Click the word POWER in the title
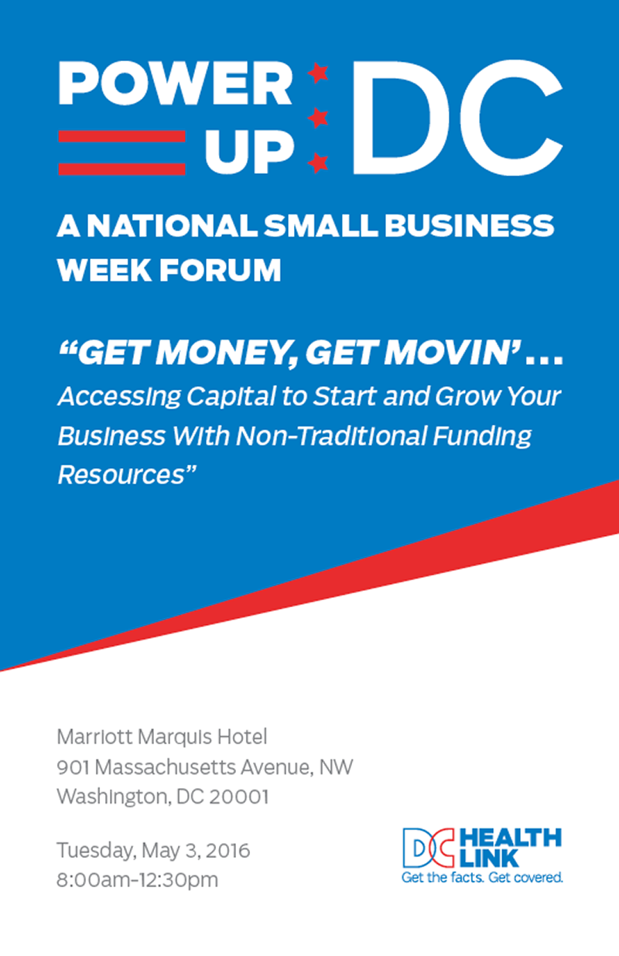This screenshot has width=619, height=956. (175, 83)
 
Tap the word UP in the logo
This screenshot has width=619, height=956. (250, 152)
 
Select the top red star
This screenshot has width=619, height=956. (318, 73)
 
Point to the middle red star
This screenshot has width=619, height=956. (318, 118)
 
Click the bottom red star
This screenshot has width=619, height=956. (318, 162)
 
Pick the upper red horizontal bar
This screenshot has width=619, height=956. (121, 136)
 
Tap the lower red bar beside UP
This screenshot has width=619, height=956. (121, 169)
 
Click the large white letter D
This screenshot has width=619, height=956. (402, 118)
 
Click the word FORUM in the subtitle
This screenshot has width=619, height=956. (221, 270)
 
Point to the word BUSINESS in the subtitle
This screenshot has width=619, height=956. (470, 225)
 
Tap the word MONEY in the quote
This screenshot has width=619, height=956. (227, 353)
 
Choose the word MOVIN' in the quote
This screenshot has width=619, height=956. (453, 353)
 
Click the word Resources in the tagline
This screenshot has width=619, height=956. (121, 475)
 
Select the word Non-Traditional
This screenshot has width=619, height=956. (331, 436)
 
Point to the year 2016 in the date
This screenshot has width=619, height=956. (227, 851)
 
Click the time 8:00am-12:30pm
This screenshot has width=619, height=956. (137, 880)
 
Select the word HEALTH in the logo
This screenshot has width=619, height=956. (511, 838)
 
